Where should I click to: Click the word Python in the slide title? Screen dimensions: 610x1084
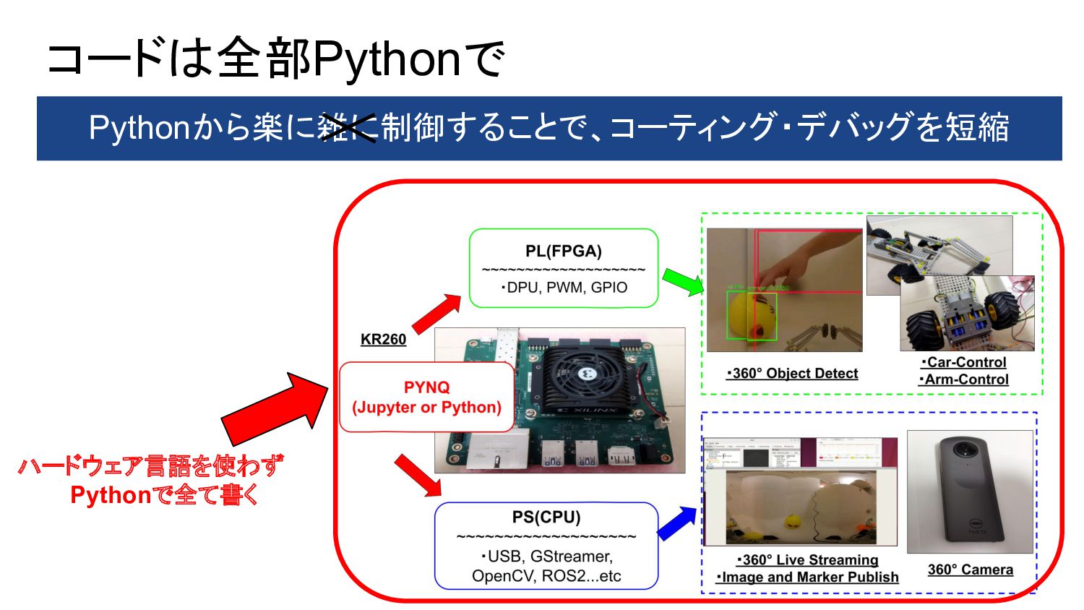tap(387, 59)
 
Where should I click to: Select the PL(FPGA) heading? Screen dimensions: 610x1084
tap(563, 251)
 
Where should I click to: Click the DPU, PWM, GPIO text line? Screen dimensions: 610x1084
tap(564, 288)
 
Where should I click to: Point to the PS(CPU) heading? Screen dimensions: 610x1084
tap(546, 517)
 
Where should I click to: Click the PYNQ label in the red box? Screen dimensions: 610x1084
tap(426, 387)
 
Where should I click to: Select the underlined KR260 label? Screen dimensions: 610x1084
tap(383, 340)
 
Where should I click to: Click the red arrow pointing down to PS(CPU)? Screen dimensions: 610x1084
tap(418, 476)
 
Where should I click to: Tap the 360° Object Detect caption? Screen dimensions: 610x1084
tap(793, 374)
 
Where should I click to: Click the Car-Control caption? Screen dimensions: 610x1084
tap(964, 362)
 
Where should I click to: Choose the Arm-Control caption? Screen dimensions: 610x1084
tap(964, 379)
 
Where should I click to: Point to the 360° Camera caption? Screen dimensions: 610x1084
tap(970, 570)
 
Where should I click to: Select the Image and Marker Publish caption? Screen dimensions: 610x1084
tap(807, 577)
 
